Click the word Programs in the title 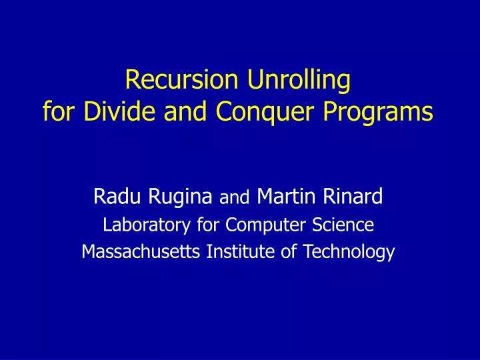(379, 112)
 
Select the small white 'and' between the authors (233, 198)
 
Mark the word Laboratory (136, 226)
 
